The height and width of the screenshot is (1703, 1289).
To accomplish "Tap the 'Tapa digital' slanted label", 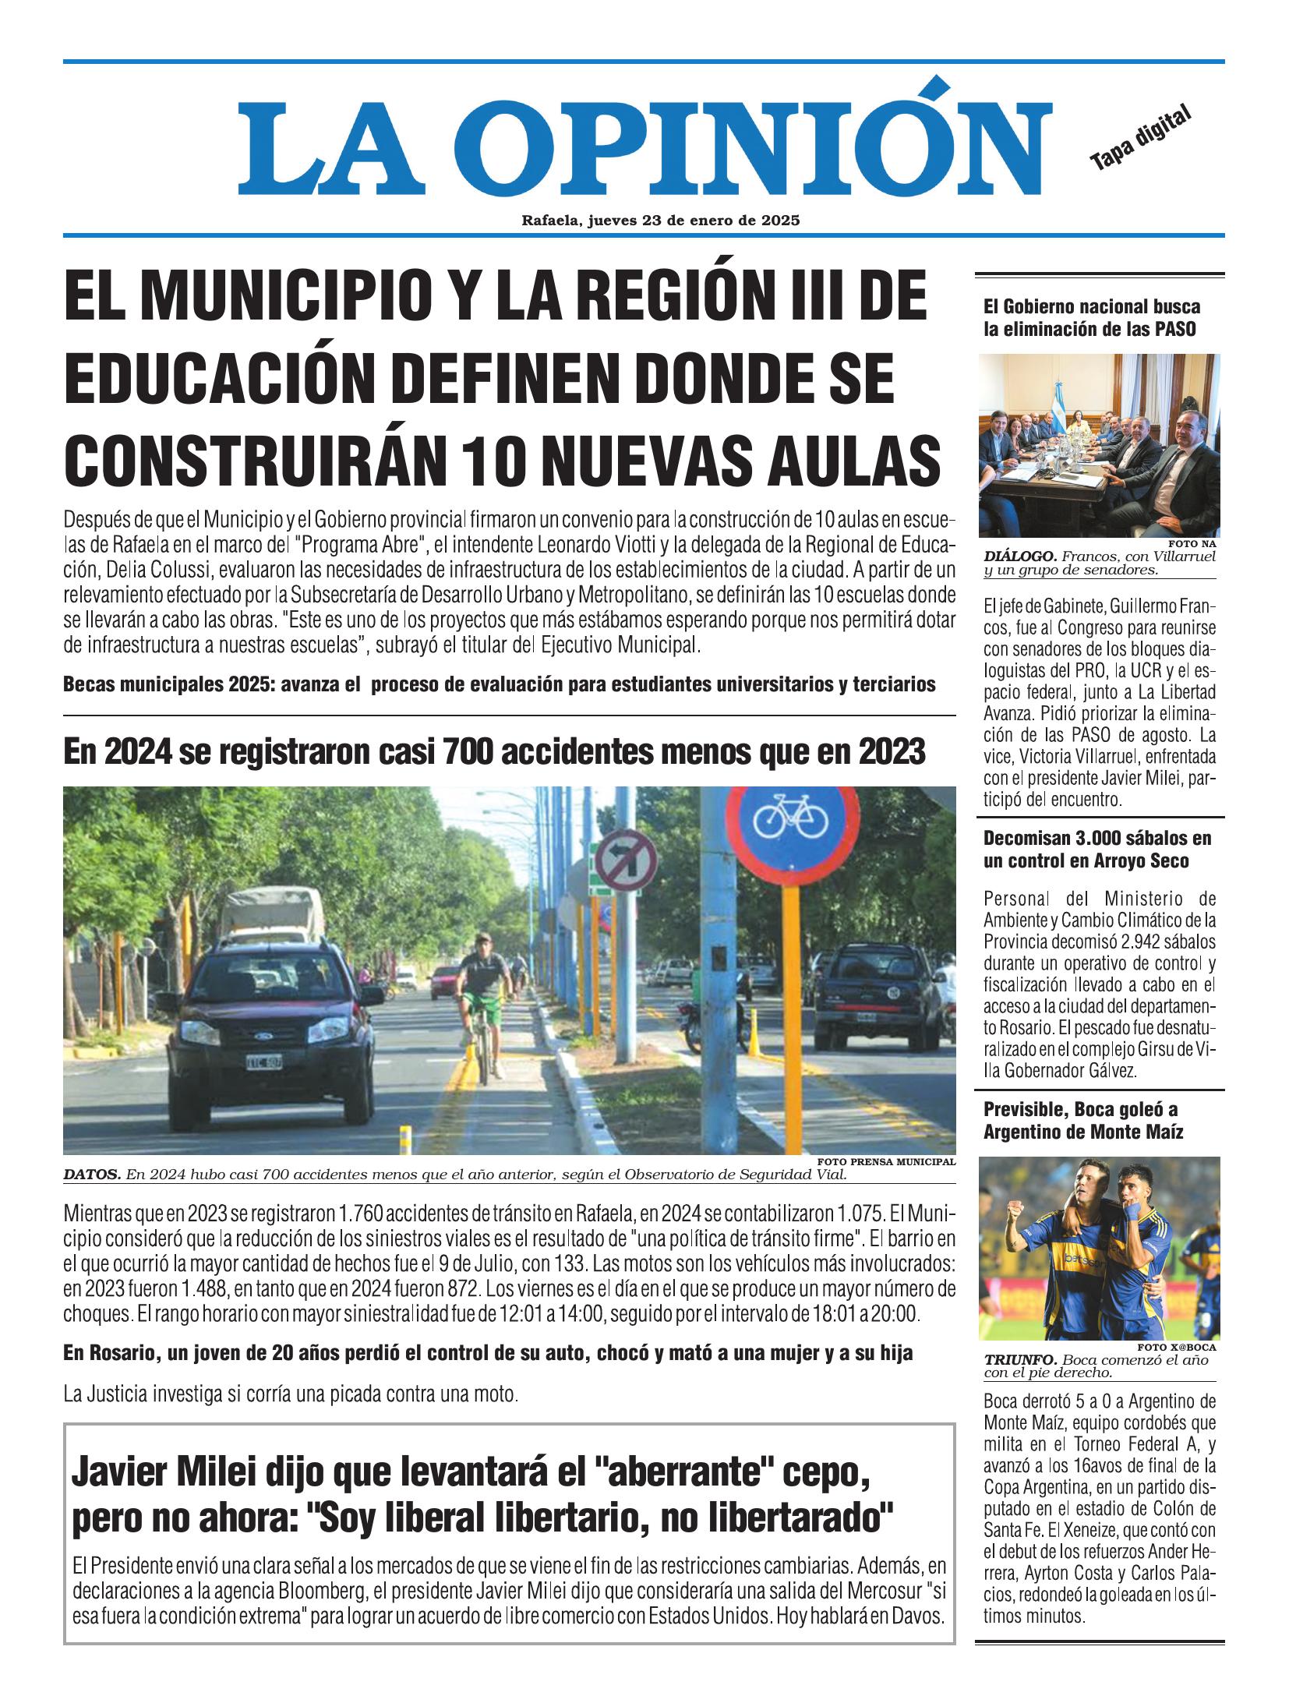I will (x=1140, y=138).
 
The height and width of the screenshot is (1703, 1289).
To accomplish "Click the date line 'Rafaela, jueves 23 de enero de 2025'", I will (x=661, y=221).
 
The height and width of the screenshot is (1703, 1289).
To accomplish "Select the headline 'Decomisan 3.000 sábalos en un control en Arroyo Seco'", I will (x=1087, y=850).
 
